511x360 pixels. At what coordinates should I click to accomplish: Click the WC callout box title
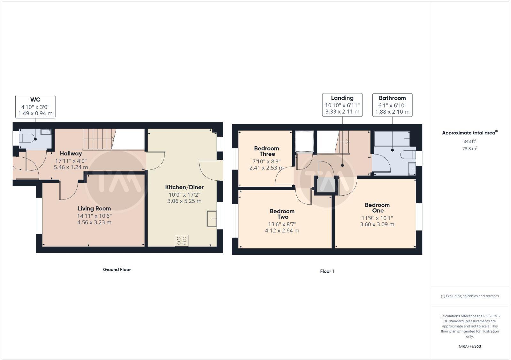click(35, 100)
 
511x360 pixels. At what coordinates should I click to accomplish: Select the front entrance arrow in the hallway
click(13, 168)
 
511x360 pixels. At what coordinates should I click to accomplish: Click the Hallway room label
click(71, 154)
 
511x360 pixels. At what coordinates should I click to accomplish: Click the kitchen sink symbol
click(211, 219)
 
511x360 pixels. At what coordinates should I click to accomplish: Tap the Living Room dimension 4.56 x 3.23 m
click(94, 222)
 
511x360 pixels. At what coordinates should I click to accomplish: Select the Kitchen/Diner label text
click(184, 187)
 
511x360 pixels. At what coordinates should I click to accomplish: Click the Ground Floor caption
click(117, 270)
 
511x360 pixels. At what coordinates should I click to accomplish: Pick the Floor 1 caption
click(327, 272)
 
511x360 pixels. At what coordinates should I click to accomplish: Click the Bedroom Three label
click(267, 151)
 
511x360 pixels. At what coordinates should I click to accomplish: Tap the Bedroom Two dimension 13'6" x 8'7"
click(282, 224)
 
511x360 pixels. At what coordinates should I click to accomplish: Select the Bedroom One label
click(377, 208)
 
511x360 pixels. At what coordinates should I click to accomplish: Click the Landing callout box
click(342, 105)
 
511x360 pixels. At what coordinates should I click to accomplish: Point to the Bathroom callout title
click(392, 98)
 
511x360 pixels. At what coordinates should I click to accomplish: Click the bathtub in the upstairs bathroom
click(392, 139)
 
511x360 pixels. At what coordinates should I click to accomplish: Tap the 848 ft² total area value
click(469, 141)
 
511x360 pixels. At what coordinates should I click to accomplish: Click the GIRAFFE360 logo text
click(469, 346)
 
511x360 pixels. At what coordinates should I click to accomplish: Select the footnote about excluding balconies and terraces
click(470, 296)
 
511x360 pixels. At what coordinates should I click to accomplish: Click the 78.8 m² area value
click(469, 148)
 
